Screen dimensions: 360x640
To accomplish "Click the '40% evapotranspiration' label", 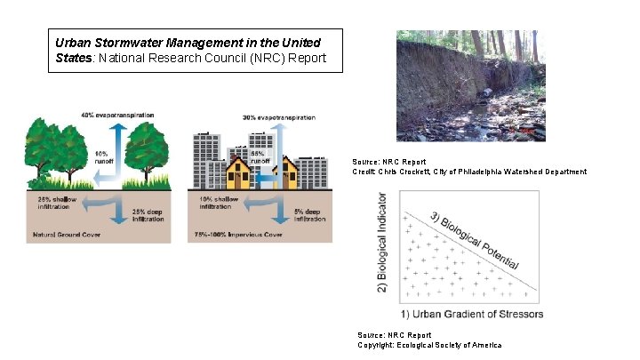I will pos(117,115).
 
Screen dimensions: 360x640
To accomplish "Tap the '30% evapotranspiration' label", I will pos(278,117).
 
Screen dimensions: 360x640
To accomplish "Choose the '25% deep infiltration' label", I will pos(148,213).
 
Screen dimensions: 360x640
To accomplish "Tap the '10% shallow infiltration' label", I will pos(219,203).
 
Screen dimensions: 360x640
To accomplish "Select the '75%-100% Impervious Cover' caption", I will pos(237,236).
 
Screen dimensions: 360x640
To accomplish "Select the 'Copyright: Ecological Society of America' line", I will pos(428,345).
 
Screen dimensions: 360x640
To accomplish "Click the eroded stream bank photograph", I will pos(469,85).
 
